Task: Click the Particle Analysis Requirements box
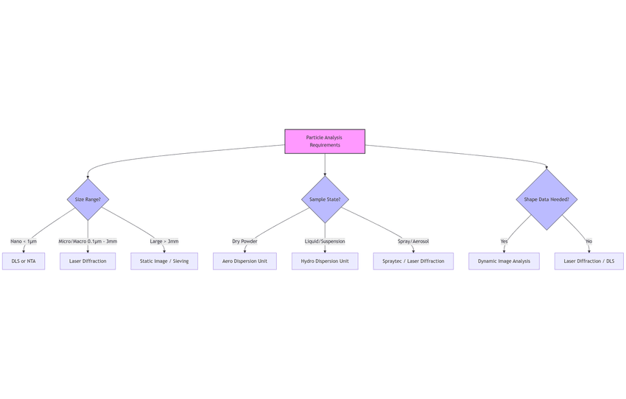coord(325,141)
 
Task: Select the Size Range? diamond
coord(88,199)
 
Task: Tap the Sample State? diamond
coord(325,199)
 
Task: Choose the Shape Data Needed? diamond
coord(546,199)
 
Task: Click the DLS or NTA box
coord(24,261)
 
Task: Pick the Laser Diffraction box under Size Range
coord(88,261)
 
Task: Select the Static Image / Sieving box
coord(164,261)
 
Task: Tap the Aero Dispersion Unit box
coord(245,261)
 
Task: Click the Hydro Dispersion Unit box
coord(325,261)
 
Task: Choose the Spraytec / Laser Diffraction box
coord(413,261)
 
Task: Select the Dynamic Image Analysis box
coord(504,261)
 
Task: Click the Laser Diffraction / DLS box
coord(588,261)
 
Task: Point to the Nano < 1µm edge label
coord(24,241)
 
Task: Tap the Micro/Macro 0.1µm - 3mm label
coord(88,241)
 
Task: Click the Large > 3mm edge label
coord(164,241)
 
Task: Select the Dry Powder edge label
coord(245,241)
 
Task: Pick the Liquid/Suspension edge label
coord(325,241)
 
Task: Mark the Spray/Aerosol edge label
coord(413,241)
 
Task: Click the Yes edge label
coord(504,241)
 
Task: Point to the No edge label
coord(588,241)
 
